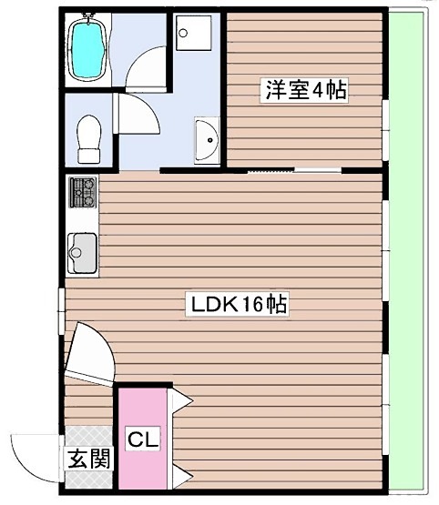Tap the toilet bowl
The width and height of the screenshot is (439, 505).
88,136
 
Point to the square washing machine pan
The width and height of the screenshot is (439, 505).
191,34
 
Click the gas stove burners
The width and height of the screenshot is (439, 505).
83,189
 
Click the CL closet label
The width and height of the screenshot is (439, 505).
142,440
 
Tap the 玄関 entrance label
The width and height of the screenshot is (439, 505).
87,459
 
